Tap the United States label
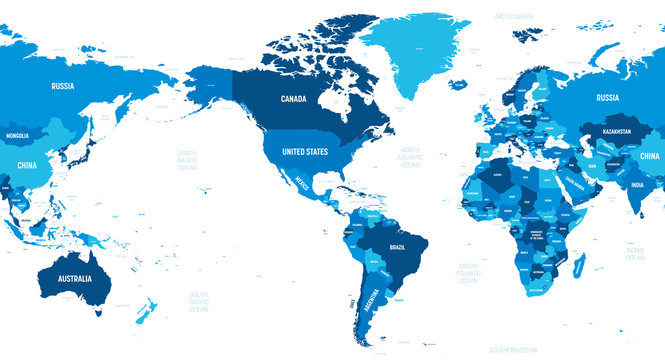305,151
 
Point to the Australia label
75,277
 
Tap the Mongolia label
18,135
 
